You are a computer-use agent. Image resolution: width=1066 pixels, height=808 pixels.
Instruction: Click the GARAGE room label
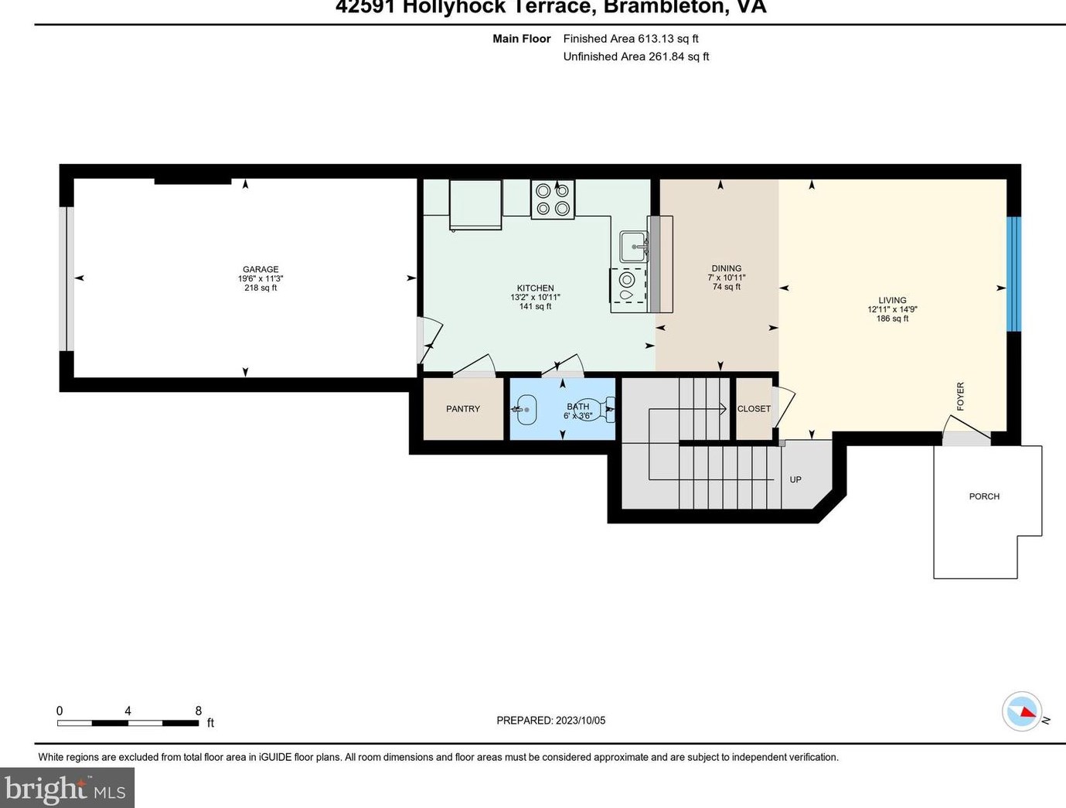pos(261,269)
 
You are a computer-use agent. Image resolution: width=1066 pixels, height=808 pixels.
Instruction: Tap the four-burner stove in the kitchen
pos(553,199)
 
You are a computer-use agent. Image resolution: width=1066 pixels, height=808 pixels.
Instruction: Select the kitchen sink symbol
pos(635,247)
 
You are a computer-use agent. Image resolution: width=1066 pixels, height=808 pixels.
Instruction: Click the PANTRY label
pos(463,409)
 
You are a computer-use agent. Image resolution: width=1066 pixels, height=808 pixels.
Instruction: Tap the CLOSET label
pos(754,409)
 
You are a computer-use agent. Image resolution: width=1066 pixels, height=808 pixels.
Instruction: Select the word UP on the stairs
pos(795,479)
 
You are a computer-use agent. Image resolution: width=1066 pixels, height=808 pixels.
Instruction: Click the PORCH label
pos(984,496)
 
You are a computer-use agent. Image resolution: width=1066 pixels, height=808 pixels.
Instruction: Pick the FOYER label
pos(961,396)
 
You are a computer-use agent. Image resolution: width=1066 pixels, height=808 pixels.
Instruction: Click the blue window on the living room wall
pos(1013,274)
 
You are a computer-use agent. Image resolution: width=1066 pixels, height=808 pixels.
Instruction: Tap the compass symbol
pos(1022,711)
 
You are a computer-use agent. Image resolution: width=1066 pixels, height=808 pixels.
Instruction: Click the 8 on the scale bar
pos(199,711)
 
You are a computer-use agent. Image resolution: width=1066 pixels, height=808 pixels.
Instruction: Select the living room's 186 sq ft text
pos(892,319)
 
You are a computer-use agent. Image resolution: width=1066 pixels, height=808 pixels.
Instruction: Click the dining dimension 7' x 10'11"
pos(727,278)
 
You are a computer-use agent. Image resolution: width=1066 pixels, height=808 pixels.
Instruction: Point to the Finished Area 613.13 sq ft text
pos(631,39)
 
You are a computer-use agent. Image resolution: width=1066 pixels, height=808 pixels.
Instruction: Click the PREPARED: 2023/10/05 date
pos(551,720)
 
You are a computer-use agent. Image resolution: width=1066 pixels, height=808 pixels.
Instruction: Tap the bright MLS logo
pos(66,789)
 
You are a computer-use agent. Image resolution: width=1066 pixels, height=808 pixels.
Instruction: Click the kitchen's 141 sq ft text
pos(535,306)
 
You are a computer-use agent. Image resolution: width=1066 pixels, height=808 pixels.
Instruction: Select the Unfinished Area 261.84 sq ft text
pos(636,56)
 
